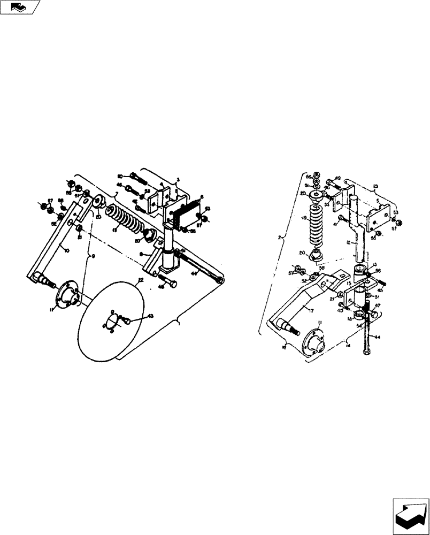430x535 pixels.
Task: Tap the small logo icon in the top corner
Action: click(x=20, y=7)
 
